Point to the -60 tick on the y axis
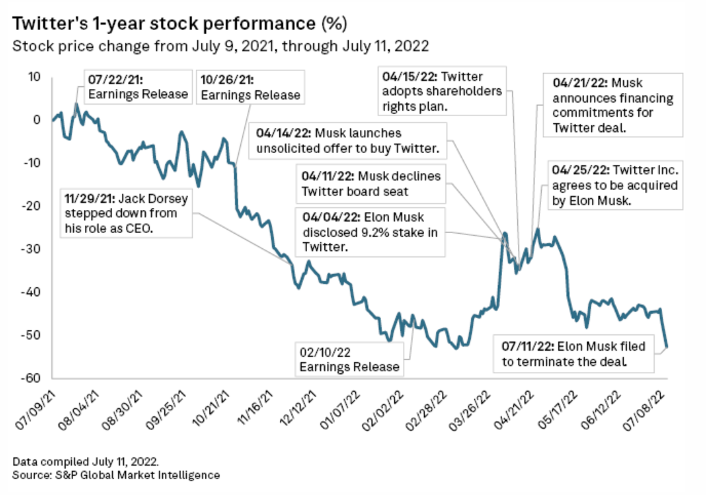click(34, 378)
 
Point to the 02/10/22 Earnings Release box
click(349, 359)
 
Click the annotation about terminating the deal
click(573, 353)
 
